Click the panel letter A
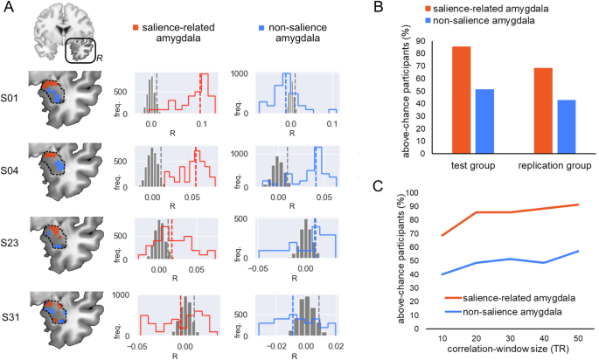click(7, 9)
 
